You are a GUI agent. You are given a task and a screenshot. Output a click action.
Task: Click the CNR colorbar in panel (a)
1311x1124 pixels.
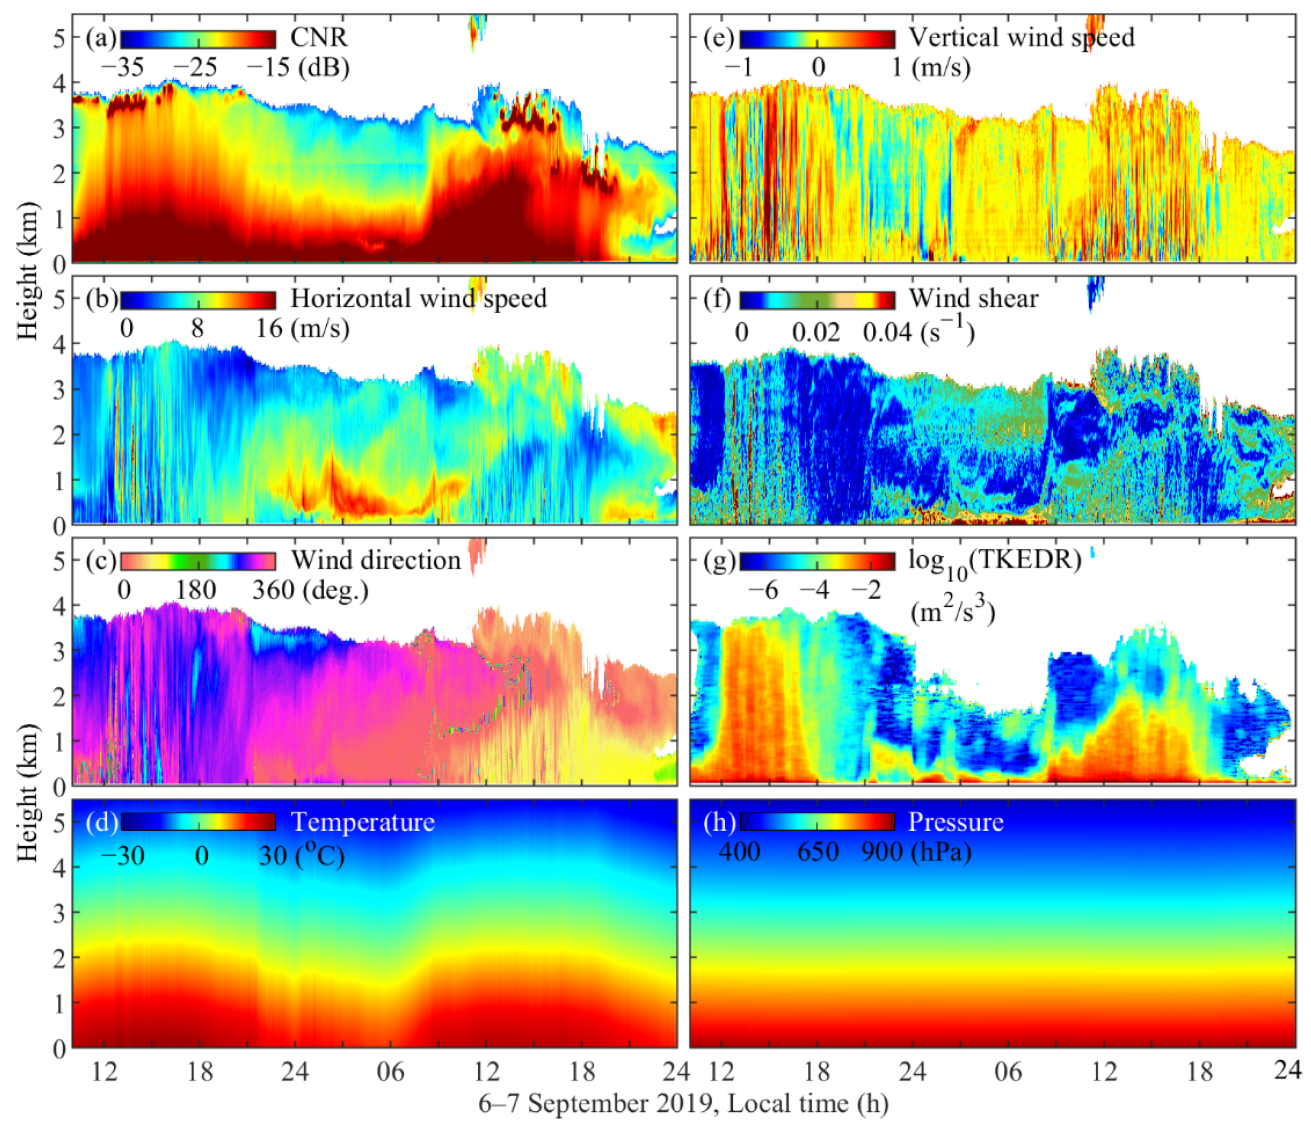click(198, 39)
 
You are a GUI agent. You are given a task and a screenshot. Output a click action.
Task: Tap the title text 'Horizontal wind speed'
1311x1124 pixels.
click(418, 299)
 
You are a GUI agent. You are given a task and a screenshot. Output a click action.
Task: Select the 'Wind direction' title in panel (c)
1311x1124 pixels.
click(376, 560)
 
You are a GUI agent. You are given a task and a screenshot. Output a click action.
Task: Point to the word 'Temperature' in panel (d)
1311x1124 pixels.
click(362, 822)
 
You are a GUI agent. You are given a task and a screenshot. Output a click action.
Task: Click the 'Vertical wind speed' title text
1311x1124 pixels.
click(1021, 38)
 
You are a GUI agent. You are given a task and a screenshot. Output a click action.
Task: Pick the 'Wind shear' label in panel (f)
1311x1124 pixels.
click(974, 299)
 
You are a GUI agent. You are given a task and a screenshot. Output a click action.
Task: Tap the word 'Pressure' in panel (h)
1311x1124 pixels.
click(956, 822)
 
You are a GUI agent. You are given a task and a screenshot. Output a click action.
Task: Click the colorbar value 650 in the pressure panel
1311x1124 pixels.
click(817, 852)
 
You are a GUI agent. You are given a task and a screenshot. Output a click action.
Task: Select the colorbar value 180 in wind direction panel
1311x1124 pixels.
click(196, 590)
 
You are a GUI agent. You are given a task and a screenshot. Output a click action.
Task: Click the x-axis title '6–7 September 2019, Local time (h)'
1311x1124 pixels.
click(683, 1104)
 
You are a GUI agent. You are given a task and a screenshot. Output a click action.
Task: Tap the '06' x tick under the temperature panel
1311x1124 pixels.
click(391, 1071)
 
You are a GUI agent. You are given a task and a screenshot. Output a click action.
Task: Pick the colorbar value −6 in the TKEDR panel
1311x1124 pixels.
click(763, 590)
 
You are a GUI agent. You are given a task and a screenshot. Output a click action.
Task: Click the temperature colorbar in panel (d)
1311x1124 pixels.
click(198, 822)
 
